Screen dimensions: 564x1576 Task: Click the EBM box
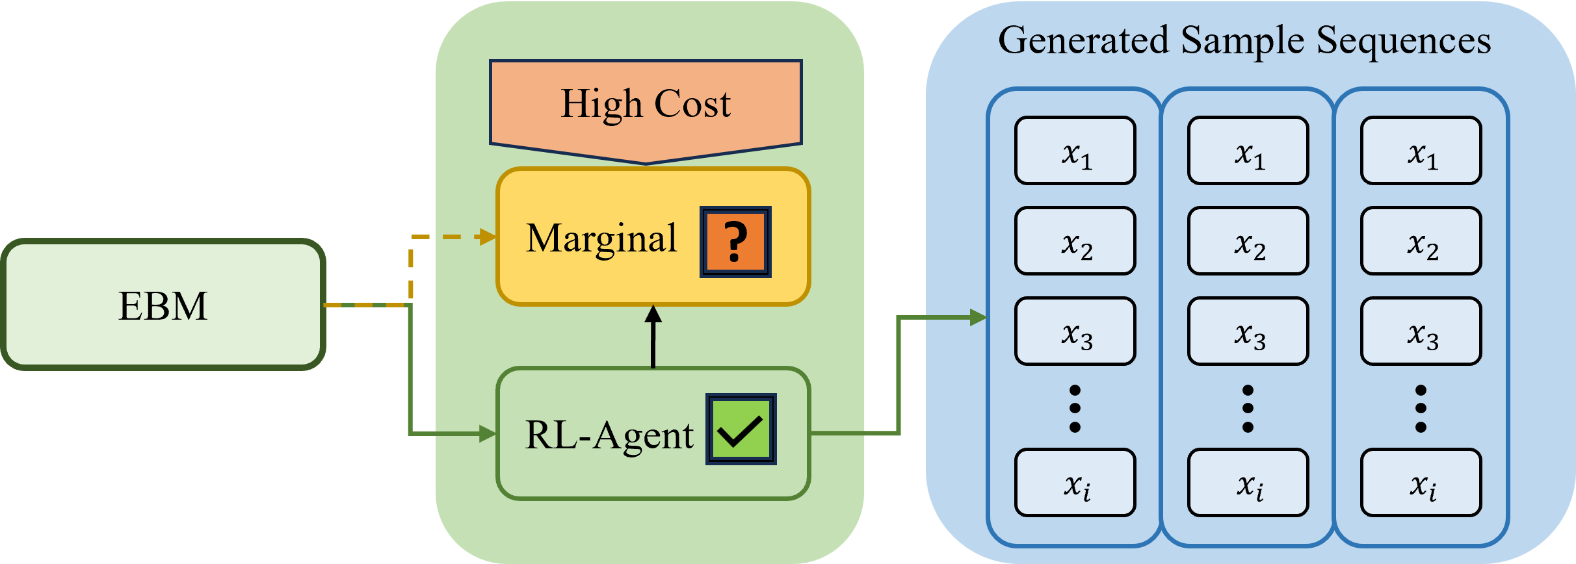pos(163,305)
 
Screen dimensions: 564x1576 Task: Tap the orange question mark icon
pos(735,242)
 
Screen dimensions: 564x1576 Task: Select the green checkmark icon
pos(741,429)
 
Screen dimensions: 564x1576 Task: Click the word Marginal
pos(601,239)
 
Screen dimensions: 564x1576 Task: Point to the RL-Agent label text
pos(609,435)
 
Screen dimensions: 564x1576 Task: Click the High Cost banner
pos(646,104)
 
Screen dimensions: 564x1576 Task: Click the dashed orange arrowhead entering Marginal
pos(486,237)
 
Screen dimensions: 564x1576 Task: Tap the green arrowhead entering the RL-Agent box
pos(487,433)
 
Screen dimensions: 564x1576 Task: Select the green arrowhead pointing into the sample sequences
pos(978,318)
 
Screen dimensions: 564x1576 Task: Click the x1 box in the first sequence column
pos(1075,151)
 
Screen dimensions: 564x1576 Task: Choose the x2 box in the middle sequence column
pos(1248,241)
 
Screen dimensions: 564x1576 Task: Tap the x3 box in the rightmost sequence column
pos(1421,331)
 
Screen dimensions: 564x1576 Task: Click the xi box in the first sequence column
pos(1075,483)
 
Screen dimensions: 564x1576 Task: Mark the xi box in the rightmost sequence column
pos(1421,483)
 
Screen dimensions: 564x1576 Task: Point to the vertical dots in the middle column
pos(1248,409)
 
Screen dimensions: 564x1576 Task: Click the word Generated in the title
pos(1083,40)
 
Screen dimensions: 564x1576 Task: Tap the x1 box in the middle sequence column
pos(1248,151)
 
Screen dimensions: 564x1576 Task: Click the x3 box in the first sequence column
pos(1075,331)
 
